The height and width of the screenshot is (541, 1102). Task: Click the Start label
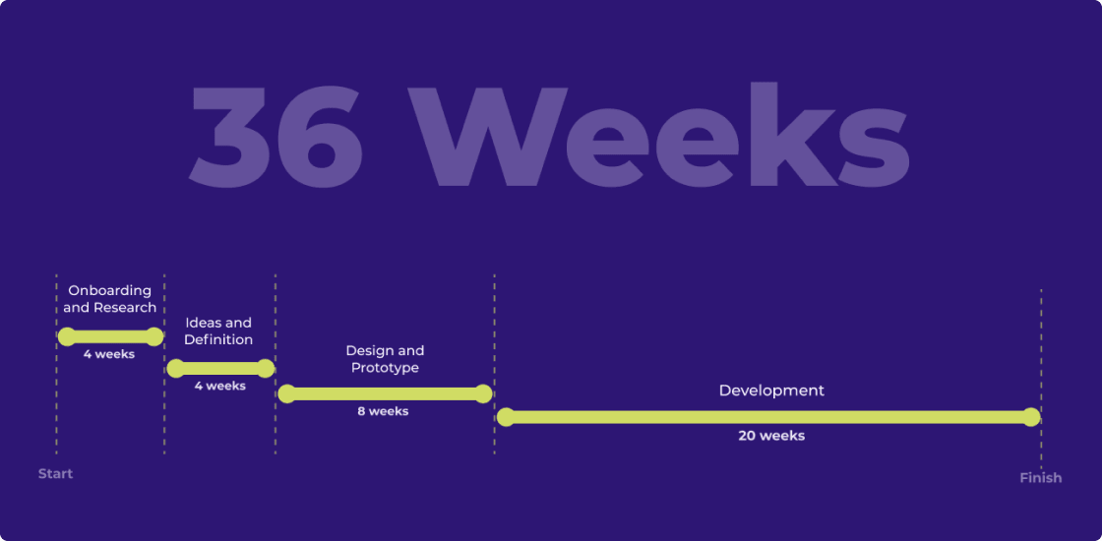click(x=55, y=474)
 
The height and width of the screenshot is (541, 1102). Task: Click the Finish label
click(x=1040, y=478)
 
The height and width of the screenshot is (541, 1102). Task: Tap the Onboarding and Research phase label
click(x=110, y=299)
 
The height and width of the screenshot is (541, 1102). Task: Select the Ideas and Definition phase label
click(x=218, y=331)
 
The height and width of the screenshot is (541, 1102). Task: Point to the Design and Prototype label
click(x=385, y=359)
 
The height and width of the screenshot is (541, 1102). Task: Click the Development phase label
click(x=771, y=391)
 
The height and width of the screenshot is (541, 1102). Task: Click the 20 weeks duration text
click(x=771, y=436)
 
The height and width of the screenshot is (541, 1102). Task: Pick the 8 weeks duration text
click(x=383, y=411)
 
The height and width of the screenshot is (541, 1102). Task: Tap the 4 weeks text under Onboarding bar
click(x=109, y=354)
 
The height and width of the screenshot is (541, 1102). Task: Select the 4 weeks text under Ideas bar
click(x=219, y=387)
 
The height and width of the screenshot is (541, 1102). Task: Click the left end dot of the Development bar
click(x=506, y=417)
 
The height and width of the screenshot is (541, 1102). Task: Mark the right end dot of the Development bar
click(x=1031, y=417)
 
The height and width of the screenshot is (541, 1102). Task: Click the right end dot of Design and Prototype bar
click(x=483, y=394)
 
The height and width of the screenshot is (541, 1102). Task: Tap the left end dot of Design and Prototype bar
click(x=287, y=394)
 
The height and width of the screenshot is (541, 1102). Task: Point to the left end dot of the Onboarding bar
click(x=67, y=336)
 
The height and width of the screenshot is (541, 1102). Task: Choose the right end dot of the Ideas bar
click(x=265, y=369)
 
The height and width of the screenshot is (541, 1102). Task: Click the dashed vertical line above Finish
click(x=1041, y=344)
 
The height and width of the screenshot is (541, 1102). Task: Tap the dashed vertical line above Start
click(x=56, y=393)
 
